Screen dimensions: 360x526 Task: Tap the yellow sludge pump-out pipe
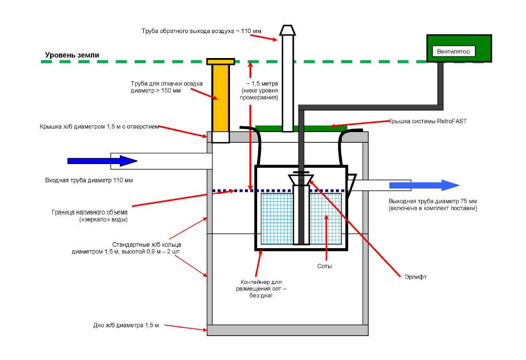click(220, 96)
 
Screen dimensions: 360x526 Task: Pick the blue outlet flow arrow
click(423, 185)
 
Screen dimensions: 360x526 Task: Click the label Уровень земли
click(71, 55)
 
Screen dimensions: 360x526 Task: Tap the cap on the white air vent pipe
click(287, 30)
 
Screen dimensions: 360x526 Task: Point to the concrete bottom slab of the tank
click(287, 330)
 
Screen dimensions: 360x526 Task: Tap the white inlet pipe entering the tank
click(160, 160)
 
